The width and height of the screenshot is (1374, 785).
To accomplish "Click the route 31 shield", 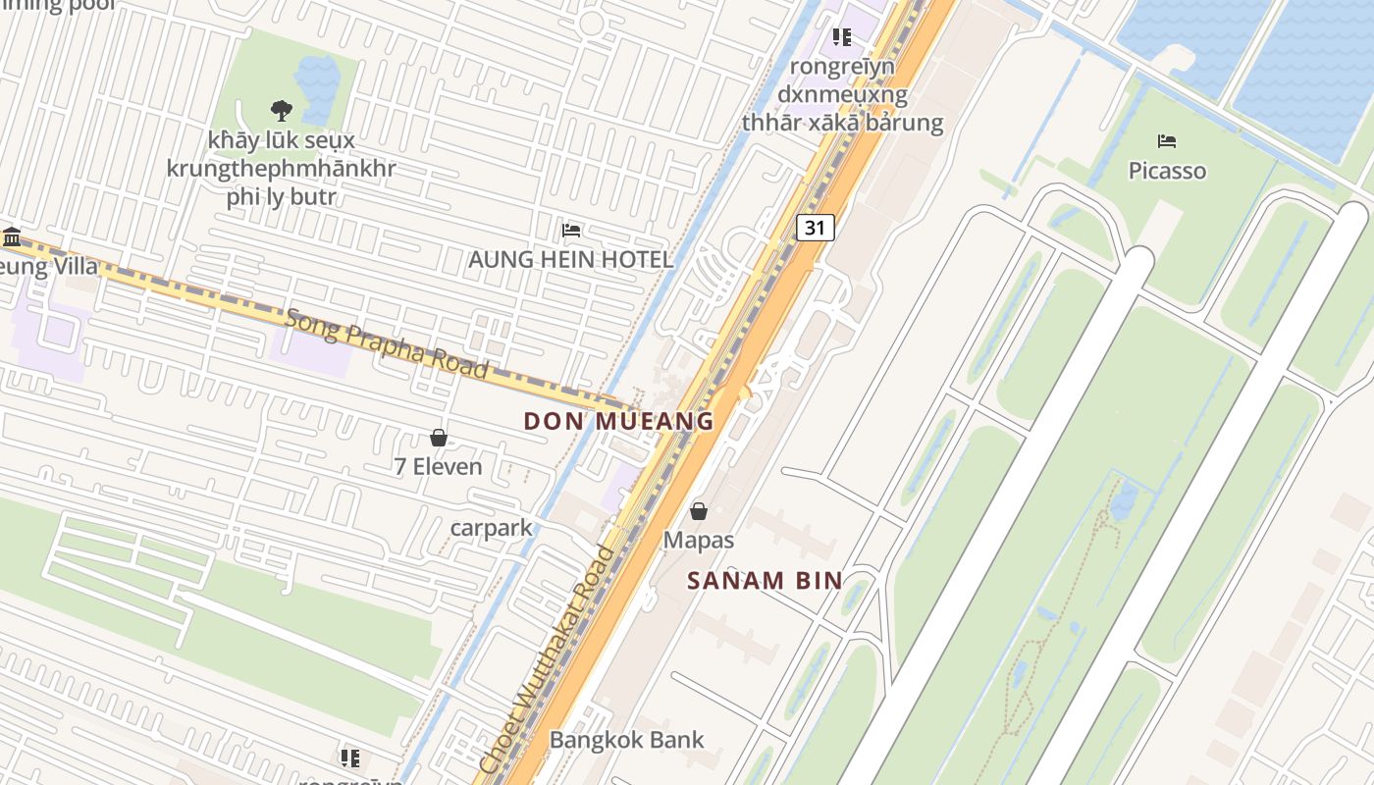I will tap(815, 228).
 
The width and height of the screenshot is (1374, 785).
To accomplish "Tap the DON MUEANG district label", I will tap(618, 421).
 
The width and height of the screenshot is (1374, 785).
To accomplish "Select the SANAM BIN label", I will tap(765, 580).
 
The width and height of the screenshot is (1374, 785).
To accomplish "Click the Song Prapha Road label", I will tap(386, 343).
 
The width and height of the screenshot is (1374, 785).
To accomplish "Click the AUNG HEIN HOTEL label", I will tap(570, 260).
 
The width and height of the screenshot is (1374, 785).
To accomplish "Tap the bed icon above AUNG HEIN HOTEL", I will tap(571, 231).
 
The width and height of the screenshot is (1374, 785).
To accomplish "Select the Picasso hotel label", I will tap(1167, 171).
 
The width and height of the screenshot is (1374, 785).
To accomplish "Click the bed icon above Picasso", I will tap(1167, 141).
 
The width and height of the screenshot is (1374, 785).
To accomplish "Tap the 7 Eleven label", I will tap(438, 466).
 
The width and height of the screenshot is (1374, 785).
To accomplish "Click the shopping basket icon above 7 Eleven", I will tap(439, 438).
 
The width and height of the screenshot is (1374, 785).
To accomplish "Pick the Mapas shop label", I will tap(699, 540).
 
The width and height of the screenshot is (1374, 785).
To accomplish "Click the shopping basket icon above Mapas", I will tap(699, 511).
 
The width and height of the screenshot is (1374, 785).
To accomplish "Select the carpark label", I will tap(491, 528).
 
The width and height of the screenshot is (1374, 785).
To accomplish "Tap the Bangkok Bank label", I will tap(626, 740).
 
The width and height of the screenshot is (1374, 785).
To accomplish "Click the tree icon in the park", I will tap(282, 110).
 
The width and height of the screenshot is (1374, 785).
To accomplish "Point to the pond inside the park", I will tap(317, 76).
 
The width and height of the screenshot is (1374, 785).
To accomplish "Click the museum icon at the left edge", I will tap(12, 236).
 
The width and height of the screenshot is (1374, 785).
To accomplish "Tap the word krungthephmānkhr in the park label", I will tap(281, 168).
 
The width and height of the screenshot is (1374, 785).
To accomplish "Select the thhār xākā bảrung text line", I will tap(842, 123).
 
